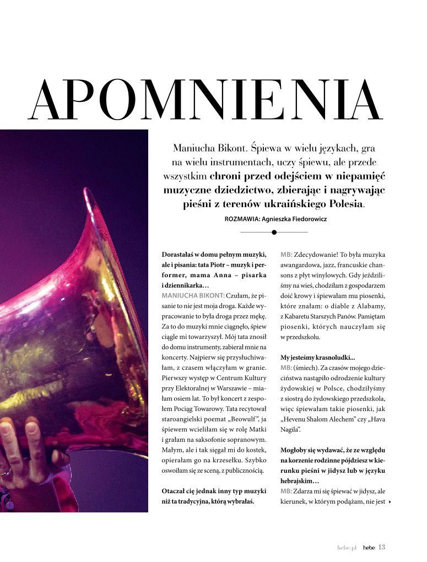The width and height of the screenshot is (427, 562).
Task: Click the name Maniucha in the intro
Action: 192,148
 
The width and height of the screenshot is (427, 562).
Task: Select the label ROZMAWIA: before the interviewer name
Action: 245,219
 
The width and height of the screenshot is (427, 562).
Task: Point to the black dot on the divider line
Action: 274,232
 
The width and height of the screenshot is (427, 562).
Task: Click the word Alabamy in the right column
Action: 370,306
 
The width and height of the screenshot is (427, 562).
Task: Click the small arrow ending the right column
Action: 390,502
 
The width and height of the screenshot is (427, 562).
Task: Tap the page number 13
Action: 382,547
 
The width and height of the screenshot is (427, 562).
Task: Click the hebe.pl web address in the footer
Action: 347,548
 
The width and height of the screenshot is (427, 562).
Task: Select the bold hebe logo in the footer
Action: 369,548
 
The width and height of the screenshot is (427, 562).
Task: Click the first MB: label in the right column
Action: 286,255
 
